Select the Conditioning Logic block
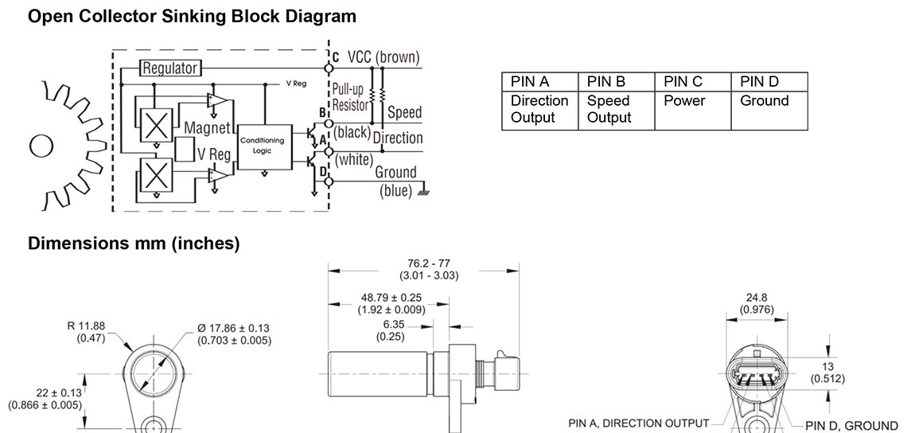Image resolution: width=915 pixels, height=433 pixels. [267, 146]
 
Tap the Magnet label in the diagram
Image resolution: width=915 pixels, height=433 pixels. [207, 127]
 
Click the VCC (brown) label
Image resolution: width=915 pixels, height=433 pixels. [384, 57]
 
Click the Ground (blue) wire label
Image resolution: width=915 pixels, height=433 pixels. [395, 181]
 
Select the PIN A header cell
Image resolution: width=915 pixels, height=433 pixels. [539, 82]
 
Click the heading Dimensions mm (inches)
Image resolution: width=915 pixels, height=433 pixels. [134, 244]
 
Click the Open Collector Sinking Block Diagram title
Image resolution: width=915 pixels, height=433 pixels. [192, 17]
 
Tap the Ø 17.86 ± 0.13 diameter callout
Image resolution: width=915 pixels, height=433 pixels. [234, 334]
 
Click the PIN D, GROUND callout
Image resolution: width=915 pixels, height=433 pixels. [851, 426]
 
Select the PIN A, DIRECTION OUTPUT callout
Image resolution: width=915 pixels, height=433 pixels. [638, 423]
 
